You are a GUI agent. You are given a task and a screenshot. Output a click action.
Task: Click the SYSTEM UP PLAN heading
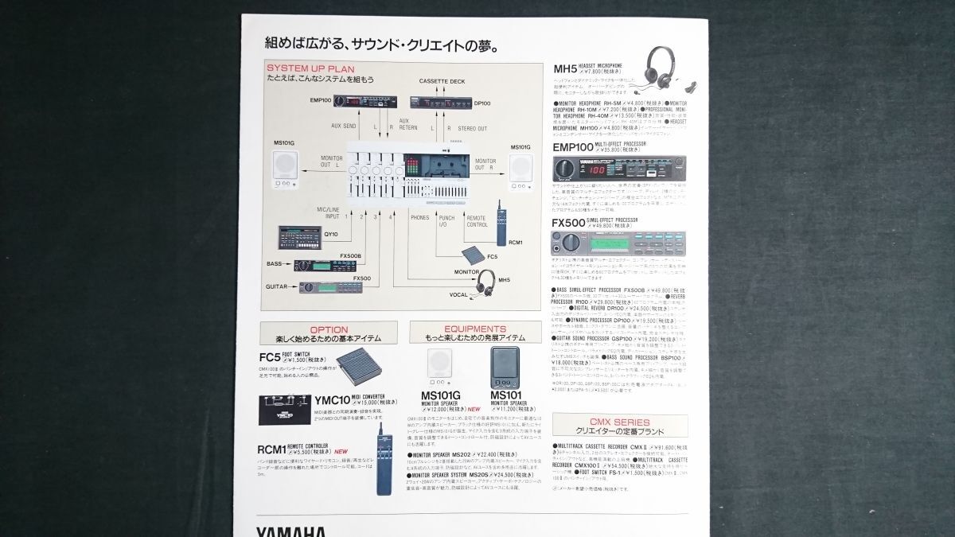(310, 68)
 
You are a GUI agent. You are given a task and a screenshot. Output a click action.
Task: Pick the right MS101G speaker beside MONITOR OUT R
(521, 167)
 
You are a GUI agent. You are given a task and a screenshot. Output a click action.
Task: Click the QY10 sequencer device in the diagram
(300, 236)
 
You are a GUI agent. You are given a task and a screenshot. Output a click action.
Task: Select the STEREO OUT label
(472, 128)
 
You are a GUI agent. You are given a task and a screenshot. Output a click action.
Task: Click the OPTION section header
(329, 329)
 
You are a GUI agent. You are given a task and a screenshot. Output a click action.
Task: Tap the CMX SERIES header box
(620, 422)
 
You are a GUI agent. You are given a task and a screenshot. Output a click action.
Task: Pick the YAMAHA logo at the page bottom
(290, 531)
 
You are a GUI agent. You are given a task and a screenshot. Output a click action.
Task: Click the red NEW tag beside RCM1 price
(341, 451)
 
